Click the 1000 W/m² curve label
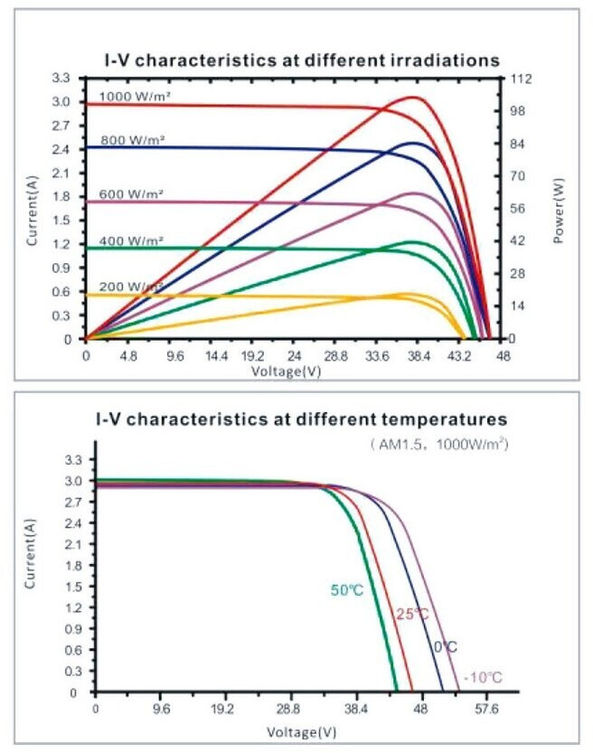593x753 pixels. [x=133, y=96]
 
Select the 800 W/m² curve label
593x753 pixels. [x=133, y=140]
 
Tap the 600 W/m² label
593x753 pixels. [x=133, y=193]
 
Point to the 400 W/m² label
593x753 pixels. [x=133, y=240]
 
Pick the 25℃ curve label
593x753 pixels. [x=411, y=615]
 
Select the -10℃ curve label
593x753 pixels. [x=483, y=677]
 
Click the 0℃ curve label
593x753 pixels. [x=444, y=647]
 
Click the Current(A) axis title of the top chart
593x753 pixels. [x=33, y=209]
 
